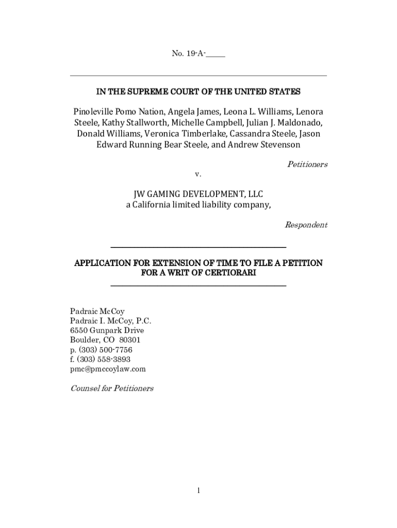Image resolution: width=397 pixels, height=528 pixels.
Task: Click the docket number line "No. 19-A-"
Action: tap(198, 54)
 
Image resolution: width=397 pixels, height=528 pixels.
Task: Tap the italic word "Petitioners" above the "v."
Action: tap(307, 164)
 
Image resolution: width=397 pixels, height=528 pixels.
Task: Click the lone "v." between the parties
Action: tap(198, 174)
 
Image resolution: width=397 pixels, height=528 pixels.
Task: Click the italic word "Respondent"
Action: tap(306, 225)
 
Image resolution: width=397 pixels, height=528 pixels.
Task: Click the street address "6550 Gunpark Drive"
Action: tap(107, 331)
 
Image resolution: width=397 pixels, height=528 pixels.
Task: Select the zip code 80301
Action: tap(129, 340)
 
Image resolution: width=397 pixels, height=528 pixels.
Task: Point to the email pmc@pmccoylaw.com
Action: tap(108, 369)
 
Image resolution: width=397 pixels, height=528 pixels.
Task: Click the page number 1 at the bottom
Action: tap(198, 490)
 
